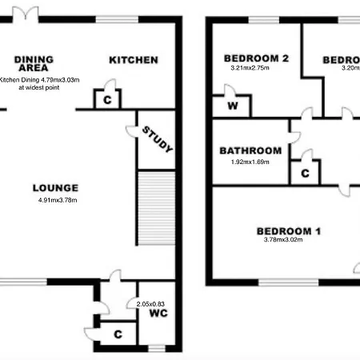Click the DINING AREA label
pos(34,62)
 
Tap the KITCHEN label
pos(134,60)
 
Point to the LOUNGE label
pos(55,188)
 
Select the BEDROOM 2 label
pos(256,58)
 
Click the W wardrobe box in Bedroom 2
pos(232,106)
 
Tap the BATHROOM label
pos(250,150)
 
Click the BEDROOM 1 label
pos(288,232)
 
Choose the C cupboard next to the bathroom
pos(306,172)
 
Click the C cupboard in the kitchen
pos(107,99)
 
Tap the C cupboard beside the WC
pos(118,334)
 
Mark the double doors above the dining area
pos(30,10)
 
